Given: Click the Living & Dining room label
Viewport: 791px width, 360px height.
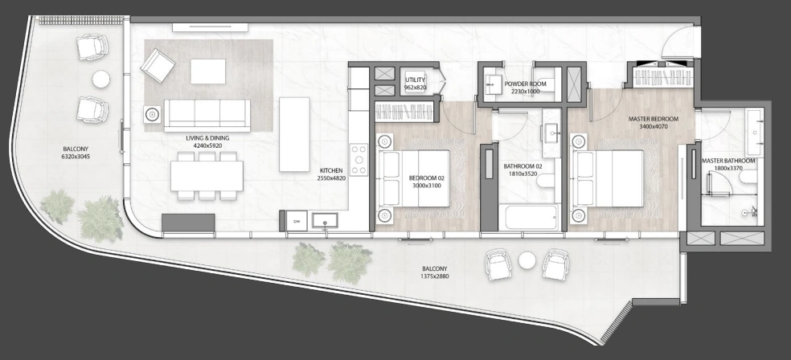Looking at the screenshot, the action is [207, 137].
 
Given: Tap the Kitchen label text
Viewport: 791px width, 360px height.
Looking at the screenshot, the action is [331, 171].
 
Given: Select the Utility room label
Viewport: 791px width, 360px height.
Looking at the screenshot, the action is [415, 80].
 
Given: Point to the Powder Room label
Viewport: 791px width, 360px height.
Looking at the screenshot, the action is [525, 84].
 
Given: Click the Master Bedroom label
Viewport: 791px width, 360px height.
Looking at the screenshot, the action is [654, 119].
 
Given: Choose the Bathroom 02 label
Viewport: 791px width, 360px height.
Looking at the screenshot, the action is [523, 166].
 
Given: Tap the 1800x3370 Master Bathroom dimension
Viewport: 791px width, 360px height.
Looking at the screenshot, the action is [728, 169].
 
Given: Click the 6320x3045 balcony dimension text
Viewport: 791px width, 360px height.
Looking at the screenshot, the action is [76, 157].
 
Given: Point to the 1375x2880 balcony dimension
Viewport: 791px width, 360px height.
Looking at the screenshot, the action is [434, 276].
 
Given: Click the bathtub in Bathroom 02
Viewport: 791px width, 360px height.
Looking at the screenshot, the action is [529, 217].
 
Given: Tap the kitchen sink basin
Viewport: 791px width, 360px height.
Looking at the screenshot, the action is [325, 220].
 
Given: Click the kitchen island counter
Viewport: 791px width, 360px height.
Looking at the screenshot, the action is [294, 134].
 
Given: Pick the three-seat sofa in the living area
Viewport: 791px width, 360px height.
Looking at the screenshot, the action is [207, 116].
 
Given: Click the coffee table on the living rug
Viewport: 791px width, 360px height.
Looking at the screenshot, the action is [208, 72].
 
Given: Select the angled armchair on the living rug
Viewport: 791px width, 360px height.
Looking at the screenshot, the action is [158, 66].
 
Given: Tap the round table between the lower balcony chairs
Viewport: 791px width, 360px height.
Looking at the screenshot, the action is [527, 260].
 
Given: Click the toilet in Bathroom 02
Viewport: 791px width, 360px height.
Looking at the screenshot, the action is [546, 181].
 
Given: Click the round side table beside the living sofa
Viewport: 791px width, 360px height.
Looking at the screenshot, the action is [153, 114].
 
